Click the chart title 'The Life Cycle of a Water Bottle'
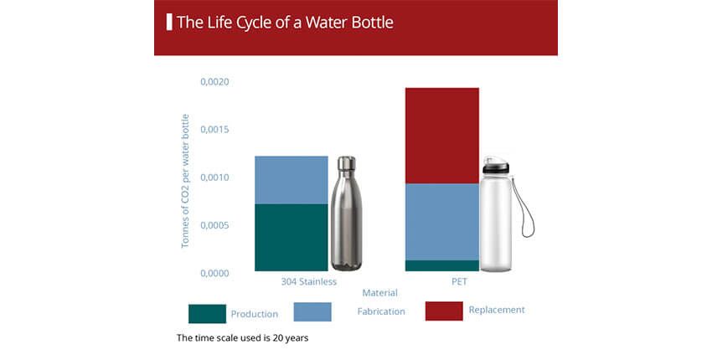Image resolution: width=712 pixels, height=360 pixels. pos(285,23)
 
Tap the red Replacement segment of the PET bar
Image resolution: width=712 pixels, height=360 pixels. pos(441,136)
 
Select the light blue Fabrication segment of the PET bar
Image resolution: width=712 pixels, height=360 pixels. pos(441,222)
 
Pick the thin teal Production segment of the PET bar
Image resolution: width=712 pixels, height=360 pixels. pos(441,265)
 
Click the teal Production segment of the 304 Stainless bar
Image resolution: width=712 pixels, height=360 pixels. pos(291,238)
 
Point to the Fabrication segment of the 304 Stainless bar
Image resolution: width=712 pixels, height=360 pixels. pos(291,180)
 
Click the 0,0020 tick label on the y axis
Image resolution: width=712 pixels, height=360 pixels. pos(214,82)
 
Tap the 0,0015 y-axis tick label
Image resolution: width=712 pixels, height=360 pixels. pos(214,130)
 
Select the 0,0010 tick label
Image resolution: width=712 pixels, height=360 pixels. pos(214,177)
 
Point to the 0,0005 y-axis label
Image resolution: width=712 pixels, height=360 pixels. pos(214,225)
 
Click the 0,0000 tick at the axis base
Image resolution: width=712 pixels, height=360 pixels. pos(214,273)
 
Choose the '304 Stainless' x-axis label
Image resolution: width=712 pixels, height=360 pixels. pos(309,282)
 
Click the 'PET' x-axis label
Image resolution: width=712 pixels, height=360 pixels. pos(459,282)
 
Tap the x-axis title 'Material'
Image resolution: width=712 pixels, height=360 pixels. pos(380,293)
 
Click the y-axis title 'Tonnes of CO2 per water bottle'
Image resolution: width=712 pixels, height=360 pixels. pos(185,181)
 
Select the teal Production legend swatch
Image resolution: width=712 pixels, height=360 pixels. pos(207,314)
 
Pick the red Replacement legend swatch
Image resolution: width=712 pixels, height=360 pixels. pos(444,311)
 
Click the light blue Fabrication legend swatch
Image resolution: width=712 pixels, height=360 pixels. pos(312,312)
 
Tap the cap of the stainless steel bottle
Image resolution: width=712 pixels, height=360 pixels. pos(347,163)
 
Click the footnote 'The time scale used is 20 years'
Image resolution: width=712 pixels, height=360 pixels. pos(242,338)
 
